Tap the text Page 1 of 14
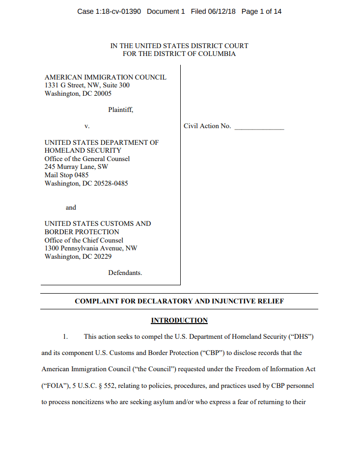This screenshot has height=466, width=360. pyautogui.click(x=261, y=11)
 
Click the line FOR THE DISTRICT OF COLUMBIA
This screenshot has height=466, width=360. pyautogui.click(x=179, y=54)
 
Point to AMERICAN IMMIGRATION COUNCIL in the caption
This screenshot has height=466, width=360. pyautogui.click(x=105, y=77)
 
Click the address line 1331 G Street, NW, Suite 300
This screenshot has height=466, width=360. pyautogui.click(x=87, y=85)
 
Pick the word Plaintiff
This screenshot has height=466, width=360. pyautogui.click(x=120, y=110)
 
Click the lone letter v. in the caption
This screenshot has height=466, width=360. pyautogui.click(x=86, y=126)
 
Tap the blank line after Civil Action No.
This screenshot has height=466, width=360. pyautogui.click(x=259, y=127)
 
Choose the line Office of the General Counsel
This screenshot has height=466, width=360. pyautogui.click(x=87, y=159)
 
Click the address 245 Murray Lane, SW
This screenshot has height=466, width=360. pyautogui.click(x=76, y=167)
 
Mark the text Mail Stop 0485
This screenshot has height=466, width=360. pyautogui.click(x=66, y=175)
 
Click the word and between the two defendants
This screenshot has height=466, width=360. pyautogui.click(x=71, y=207)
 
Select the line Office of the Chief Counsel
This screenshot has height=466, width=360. pyautogui.click(x=83, y=240)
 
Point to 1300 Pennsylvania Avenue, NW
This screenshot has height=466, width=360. pyautogui.click(x=91, y=248)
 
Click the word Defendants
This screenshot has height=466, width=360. pyautogui.click(x=125, y=273)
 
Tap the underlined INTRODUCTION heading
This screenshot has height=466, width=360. pyautogui.click(x=179, y=321)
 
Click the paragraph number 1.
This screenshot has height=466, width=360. pyautogui.click(x=64, y=337)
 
